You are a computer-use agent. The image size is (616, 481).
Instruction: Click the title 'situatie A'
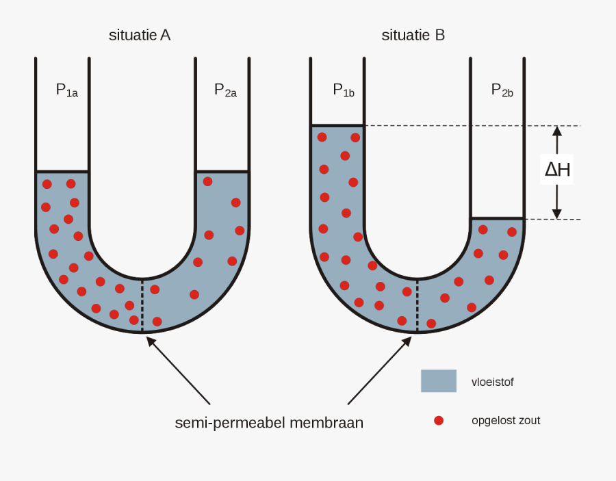pos(139,35)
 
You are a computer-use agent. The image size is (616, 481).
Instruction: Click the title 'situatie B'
pos(413,35)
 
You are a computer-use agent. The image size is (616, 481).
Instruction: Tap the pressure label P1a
pos(66,90)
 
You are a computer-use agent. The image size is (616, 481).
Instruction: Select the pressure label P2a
pos(225,90)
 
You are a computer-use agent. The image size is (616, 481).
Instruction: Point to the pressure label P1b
pos(343,90)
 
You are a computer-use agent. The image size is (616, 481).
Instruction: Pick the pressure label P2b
pos(502,90)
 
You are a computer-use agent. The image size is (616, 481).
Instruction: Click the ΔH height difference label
pos(557,169)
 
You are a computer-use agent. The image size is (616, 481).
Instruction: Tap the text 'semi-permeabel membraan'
pos(269,423)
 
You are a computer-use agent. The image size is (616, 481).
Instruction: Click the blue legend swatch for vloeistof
pos(438,381)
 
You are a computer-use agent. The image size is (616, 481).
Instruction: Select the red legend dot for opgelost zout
pos(439,420)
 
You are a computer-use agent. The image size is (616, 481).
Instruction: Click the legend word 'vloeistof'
pos(492,382)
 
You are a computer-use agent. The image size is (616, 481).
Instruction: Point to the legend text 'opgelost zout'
pos(506,420)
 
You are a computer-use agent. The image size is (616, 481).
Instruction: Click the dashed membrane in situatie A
pos(142,305)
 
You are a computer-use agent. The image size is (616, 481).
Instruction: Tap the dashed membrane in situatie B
pos(418,306)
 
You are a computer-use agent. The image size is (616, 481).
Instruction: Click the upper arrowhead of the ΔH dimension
pos(557,131)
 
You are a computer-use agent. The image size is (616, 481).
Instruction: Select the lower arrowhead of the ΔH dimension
pos(557,214)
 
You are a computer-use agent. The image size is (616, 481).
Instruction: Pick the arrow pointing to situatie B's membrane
pos(379,370)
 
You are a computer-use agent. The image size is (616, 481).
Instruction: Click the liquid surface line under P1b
pos(337,126)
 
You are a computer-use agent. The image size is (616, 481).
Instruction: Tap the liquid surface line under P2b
pos(497,219)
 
